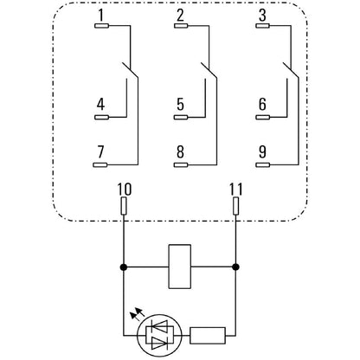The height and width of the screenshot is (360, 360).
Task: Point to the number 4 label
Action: (101, 105)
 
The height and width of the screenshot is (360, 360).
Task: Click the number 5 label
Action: (180, 105)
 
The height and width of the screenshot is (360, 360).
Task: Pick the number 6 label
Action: (260, 105)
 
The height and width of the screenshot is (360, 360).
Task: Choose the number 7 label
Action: (101, 152)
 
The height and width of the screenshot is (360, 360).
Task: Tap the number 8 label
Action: (180, 152)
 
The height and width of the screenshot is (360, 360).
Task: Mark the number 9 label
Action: (260, 152)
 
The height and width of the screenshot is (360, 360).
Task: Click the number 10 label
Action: (124, 188)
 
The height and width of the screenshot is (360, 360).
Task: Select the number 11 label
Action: (236, 188)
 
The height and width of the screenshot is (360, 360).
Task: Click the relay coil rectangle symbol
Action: (180, 267)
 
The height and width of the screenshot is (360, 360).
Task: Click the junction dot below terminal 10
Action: (124, 267)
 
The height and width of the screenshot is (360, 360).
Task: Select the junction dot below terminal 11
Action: (236, 267)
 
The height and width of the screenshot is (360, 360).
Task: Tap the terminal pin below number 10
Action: (124, 206)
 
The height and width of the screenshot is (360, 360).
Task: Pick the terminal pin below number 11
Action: (236, 206)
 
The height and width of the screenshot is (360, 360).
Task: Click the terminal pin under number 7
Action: (100, 164)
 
